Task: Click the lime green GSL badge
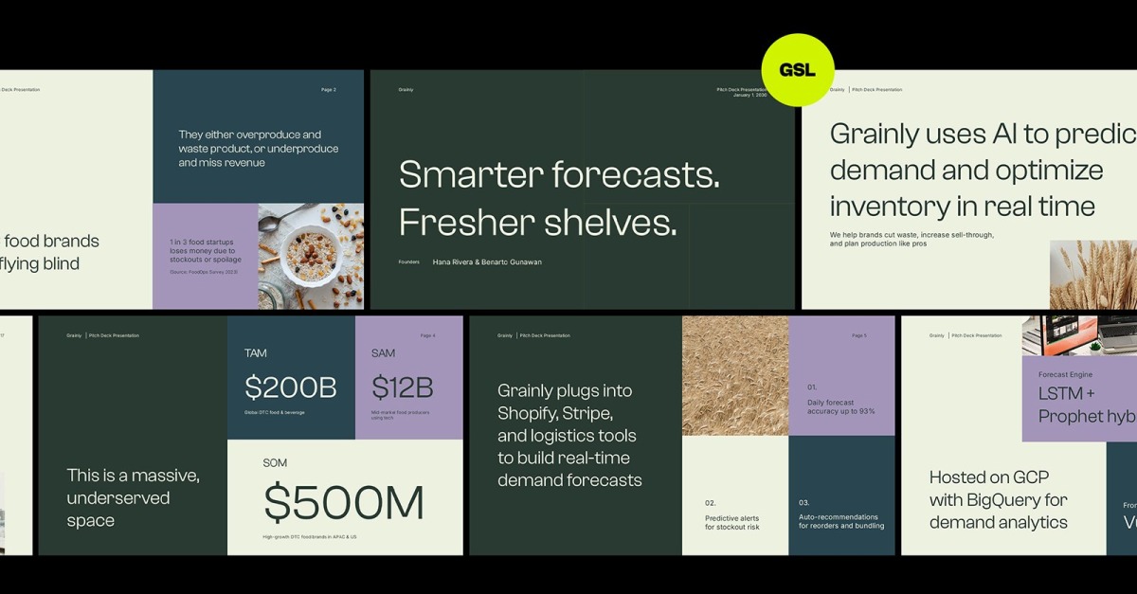(x=798, y=70)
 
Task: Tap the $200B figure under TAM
(x=291, y=387)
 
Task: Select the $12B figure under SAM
(x=403, y=387)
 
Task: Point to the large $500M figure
(x=344, y=503)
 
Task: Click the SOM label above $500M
(x=275, y=463)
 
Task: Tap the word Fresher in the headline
(x=468, y=223)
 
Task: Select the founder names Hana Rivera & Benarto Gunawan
(x=487, y=262)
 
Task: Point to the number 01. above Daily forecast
(x=812, y=387)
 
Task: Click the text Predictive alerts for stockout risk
(x=731, y=522)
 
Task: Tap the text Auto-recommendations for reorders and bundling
(x=840, y=521)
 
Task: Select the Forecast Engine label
(x=1065, y=375)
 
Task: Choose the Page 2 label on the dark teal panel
(x=329, y=90)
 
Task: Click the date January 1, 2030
(x=749, y=95)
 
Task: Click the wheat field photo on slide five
(x=734, y=375)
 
